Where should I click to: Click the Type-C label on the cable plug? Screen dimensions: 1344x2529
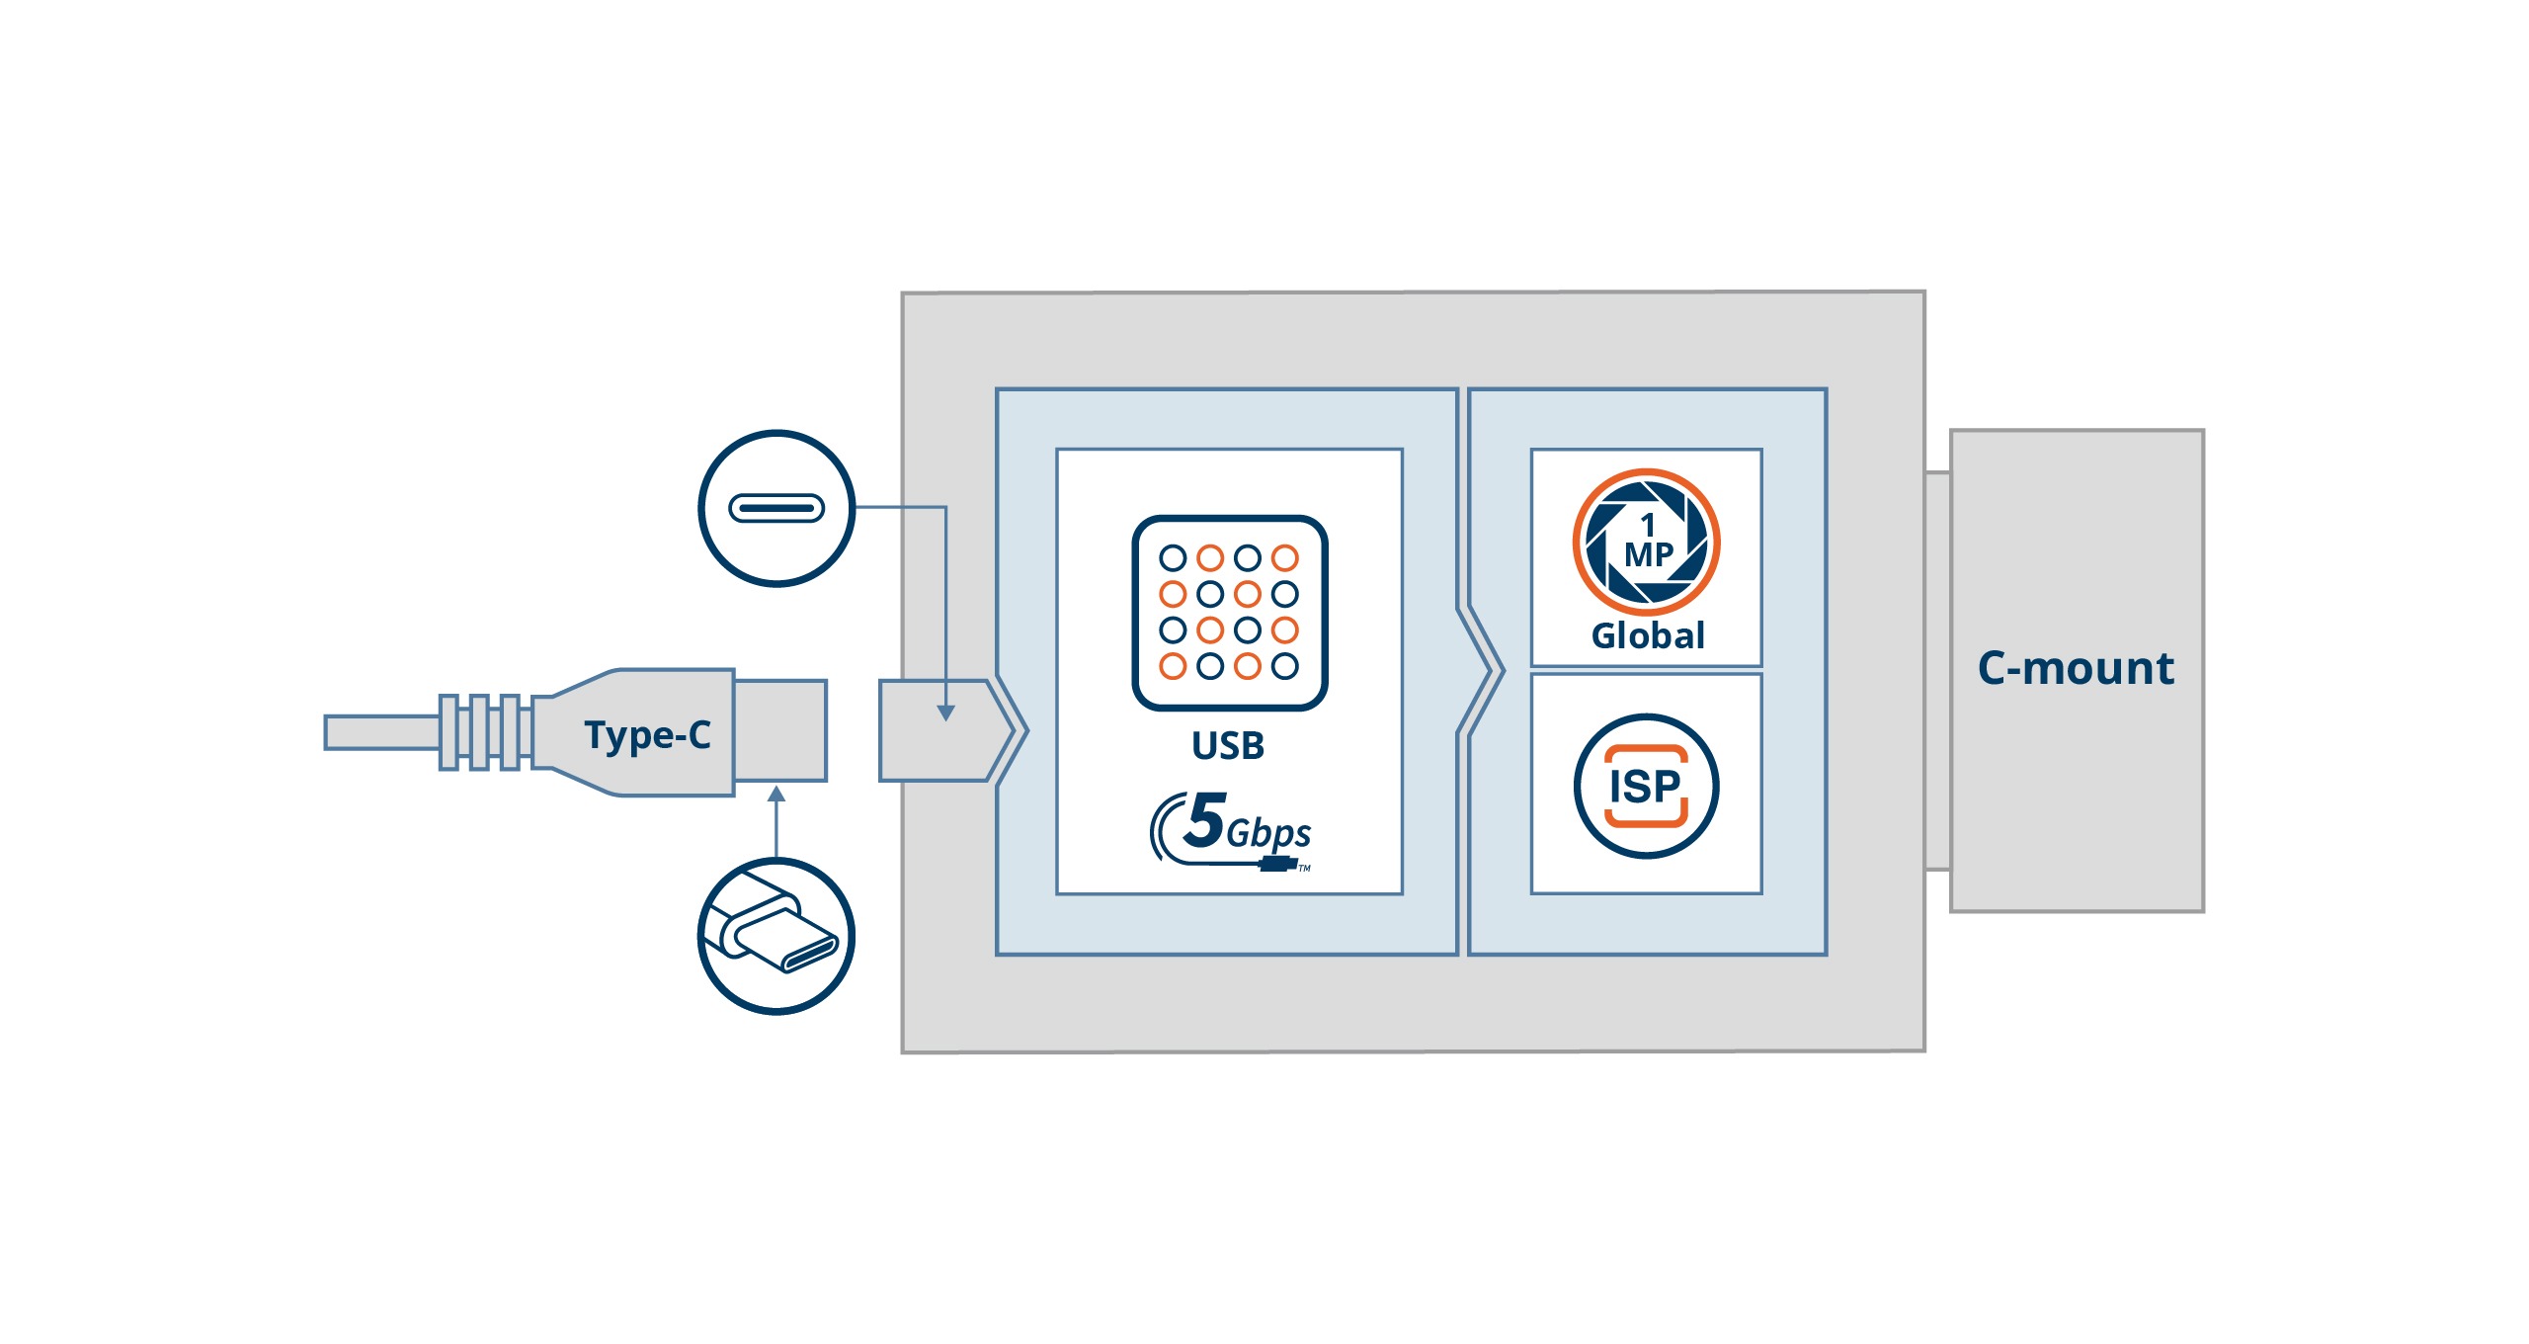(647, 734)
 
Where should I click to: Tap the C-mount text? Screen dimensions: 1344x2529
(2075, 668)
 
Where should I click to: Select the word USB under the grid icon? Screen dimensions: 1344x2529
(1228, 745)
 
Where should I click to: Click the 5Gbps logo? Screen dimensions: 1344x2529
(1233, 831)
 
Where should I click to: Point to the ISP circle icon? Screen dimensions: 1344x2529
(1646, 786)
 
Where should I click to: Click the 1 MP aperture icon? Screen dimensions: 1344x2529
(1646, 542)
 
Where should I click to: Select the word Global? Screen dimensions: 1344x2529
(1648, 635)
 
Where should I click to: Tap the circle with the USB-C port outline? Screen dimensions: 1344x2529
(776, 508)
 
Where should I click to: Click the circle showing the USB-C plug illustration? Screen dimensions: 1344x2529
(776, 935)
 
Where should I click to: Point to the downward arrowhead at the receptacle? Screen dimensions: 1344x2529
(945, 713)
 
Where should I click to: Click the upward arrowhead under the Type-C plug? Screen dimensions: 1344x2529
(776, 795)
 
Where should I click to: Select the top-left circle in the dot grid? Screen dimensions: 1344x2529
(1173, 558)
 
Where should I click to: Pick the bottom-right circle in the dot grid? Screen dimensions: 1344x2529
(1284, 666)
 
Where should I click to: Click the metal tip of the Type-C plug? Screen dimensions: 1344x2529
(780, 730)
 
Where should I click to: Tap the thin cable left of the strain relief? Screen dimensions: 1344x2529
(380, 732)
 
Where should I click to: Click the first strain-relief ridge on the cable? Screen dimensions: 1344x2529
(449, 732)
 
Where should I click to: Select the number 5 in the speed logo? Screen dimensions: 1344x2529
(1205, 820)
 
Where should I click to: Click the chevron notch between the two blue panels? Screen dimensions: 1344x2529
(1482, 671)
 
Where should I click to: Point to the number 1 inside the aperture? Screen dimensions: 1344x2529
(1647, 524)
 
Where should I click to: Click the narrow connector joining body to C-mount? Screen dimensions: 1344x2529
(1937, 671)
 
